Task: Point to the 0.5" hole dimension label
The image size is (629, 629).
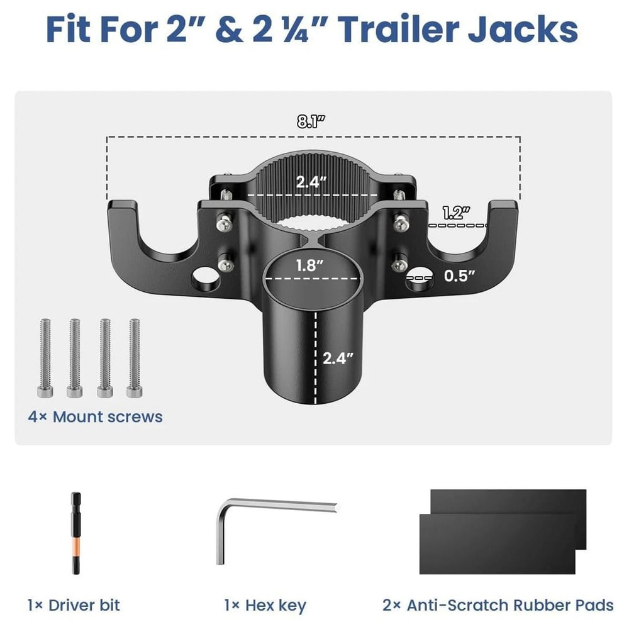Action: point(459,275)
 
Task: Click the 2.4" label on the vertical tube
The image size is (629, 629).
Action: point(338,358)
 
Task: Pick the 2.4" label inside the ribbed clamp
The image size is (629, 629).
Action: point(312,182)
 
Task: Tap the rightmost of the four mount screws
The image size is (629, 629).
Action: point(133,358)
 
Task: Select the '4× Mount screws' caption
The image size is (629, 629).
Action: point(95,416)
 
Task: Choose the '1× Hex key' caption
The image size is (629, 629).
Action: point(265,605)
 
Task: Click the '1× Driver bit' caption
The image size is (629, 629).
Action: point(74,605)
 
